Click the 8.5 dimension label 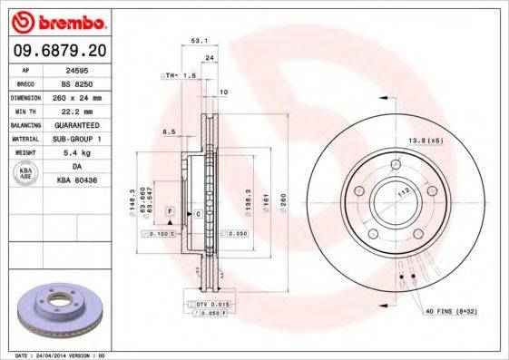tap(168, 132)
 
